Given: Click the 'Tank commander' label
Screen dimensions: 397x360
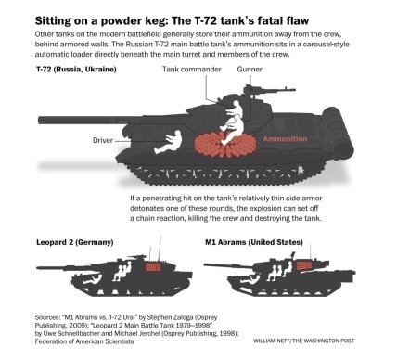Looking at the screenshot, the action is (x=192, y=69).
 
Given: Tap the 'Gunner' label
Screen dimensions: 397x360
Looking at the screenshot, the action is (x=250, y=69).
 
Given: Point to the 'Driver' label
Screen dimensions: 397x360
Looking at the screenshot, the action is (x=103, y=140).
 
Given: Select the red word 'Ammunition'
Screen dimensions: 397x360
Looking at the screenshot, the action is (x=285, y=139).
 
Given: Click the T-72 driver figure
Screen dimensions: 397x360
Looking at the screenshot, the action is (x=171, y=141).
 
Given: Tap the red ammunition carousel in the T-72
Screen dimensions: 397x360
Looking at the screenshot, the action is (x=225, y=144).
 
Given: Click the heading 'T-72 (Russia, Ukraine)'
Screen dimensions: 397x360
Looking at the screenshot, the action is (x=76, y=69).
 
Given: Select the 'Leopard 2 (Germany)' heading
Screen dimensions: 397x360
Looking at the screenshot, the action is (x=75, y=242).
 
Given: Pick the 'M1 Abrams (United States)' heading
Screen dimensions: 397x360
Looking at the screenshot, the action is (x=254, y=242).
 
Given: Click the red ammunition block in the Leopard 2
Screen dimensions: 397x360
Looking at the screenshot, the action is (x=153, y=267).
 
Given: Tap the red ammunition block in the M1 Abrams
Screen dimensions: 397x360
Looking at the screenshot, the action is (x=303, y=265).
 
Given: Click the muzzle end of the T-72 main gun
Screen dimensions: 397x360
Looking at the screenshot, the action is (x=39, y=121).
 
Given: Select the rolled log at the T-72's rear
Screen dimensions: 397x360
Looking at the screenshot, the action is (x=338, y=134).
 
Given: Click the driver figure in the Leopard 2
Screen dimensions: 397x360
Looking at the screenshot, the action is (x=92, y=279).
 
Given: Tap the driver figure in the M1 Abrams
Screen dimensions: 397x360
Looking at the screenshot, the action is (x=250, y=279).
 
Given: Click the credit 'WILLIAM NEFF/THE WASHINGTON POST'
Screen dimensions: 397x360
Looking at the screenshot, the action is (x=303, y=341).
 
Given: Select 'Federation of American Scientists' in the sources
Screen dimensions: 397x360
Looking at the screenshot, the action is (x=84, y=341).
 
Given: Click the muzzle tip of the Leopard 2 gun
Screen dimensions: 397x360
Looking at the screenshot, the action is (x=37, y=268).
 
